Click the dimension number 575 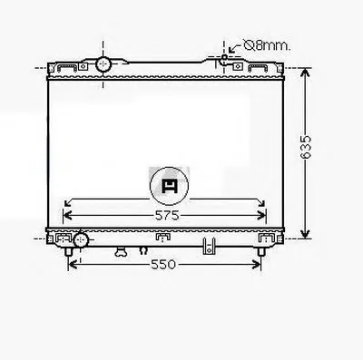click(167, 216)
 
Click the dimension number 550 click(163, 265)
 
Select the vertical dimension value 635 click(306, 147)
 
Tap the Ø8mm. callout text click(267, 45)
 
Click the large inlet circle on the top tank click(103, 63)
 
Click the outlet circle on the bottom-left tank click(81, 239)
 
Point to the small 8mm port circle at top click(224, 57)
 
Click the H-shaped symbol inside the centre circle click(170, 186)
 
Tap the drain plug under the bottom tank click(121, 252)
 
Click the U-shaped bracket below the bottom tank click(209, 246)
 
